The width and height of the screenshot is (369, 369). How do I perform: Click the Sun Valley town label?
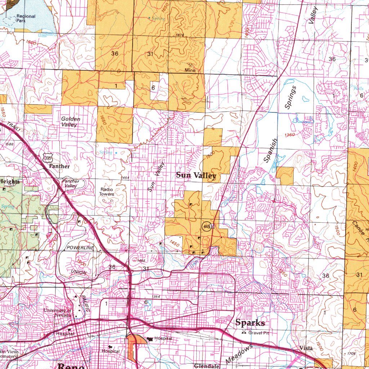click(x=196, y=175)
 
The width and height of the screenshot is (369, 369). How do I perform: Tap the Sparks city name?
click(x=250, y=323)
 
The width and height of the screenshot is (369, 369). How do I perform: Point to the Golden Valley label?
click(x=71, y=122)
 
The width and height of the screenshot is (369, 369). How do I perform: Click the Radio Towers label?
click(x=107, y=192)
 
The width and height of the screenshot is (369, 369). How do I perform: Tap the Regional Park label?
click(x=26, y=18)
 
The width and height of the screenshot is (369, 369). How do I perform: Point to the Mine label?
click(x=190, y=70)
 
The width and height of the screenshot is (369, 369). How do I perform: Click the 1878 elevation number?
click(x=180, y=35)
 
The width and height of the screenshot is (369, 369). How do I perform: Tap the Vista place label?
click(x=306, y=348)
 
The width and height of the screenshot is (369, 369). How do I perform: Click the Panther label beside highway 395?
click(x=59, y=166)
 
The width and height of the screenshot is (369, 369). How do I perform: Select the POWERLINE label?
click(x=80, y=248)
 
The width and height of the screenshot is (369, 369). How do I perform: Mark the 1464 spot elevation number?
click(x=125, y=178)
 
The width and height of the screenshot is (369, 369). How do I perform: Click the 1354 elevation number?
click(x=156, y=296)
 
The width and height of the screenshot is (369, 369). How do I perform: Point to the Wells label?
click(x=359, y=88)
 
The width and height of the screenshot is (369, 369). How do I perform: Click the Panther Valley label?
click(x=70, y=183)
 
